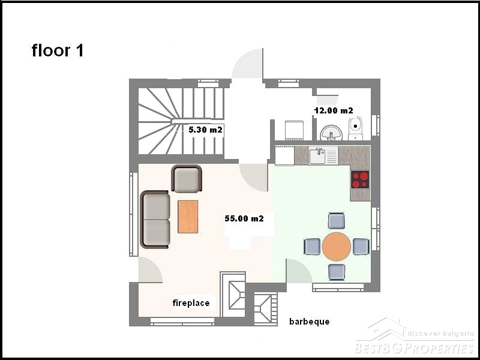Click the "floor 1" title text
[58, 50]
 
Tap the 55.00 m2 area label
[244, 218]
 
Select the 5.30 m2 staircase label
[205, 130]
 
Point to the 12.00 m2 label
[334, 110]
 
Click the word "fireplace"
[191, 303]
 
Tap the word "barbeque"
[310, 322]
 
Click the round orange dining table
[337, 247]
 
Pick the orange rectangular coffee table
[188, 217]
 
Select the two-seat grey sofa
[155, 219]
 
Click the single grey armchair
[187, 179]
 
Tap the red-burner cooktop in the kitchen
[360, 179]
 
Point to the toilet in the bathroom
[355, 128]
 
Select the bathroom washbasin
[331, 133]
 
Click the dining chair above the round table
[337, 221]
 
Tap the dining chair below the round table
[337, 272]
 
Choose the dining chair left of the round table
[312, 247]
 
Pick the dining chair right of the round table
[361, 247]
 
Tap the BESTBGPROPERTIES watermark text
[415, 349]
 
